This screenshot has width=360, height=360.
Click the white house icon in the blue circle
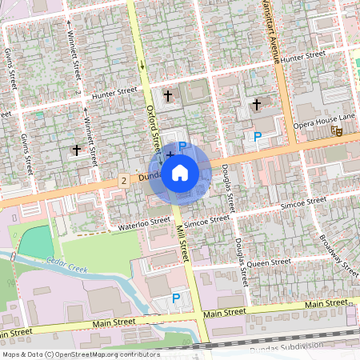click(x=180, y=172)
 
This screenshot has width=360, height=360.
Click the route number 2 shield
click(x=124, y=181)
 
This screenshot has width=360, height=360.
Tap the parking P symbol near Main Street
click(x=176, y=298)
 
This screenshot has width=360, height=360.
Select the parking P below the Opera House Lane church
click(x=257, y=137)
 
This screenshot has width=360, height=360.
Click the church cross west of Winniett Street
click(x=77, y=149)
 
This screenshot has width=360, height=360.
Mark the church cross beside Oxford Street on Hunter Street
click(x=168, y=96)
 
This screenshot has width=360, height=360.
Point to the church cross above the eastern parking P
click(x=257, y=104)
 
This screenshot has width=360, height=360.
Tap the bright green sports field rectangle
click(x=37, y=242)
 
